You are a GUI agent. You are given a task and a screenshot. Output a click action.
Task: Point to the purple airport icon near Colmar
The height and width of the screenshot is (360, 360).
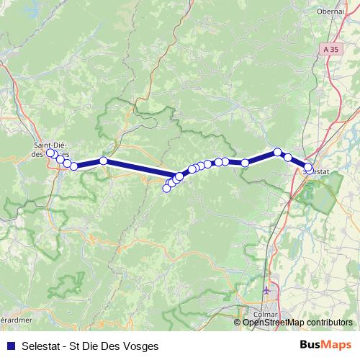[268, 290]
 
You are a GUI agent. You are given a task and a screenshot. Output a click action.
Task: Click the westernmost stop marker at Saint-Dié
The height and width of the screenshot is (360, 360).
[50, 153]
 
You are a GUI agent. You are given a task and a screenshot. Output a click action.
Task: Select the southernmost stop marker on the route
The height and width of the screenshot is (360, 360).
[166, 189]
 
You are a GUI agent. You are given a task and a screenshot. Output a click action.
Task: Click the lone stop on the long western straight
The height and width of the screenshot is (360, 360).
[104, 161]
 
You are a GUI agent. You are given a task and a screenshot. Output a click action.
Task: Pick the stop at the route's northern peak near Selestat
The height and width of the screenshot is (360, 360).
[277, 152]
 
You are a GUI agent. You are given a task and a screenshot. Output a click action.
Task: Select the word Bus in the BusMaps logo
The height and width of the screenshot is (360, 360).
[312, 346]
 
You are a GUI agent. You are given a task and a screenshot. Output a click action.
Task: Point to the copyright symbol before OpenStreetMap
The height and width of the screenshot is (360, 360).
[238, 323]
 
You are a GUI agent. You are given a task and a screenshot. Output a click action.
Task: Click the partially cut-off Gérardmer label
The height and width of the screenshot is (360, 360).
[14, 319]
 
